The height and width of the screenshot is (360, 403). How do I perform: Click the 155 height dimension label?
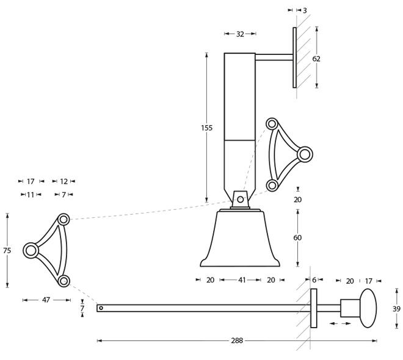206,128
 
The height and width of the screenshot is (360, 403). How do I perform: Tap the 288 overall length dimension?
237,340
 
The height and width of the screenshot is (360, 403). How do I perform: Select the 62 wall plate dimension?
316,59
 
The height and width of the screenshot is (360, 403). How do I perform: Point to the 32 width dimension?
240,34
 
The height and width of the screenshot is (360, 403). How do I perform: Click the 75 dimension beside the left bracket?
7,250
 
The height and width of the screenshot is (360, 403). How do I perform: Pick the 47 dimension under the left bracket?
46,300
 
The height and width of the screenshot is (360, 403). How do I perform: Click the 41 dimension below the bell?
242,280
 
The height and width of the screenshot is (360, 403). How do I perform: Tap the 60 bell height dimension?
297,238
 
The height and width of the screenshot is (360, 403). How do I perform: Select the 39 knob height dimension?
396,309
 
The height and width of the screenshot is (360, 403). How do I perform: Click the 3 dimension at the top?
305,10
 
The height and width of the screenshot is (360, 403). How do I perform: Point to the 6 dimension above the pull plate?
314,280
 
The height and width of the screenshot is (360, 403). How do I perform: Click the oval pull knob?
368,308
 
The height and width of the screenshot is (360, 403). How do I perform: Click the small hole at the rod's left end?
101,308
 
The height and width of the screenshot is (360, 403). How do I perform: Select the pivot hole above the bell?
241,200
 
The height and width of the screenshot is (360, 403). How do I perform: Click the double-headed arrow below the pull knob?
340,323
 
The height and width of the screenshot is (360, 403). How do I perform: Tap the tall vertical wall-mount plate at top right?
294,57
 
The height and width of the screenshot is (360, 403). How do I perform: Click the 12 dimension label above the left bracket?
64,182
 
